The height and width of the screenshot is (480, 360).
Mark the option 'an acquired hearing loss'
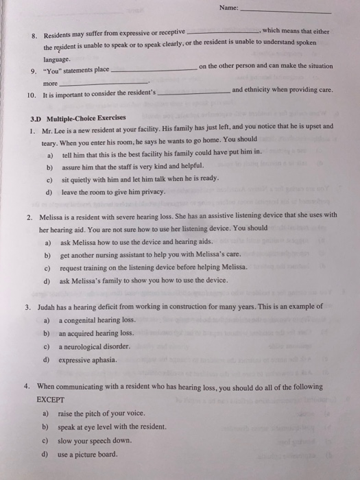95,333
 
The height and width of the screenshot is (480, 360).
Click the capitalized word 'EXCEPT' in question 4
50,398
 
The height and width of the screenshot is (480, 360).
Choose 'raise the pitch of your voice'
102,414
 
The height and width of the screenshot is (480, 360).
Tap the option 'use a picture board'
88,453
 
